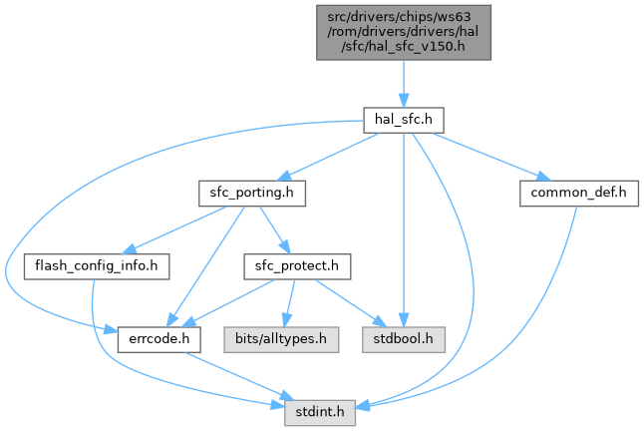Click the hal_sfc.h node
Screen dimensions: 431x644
click(x=402, y=120)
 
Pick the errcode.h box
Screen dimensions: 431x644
click(x=160, y=338)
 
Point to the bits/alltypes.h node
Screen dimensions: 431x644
click(x=279, y=338)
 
